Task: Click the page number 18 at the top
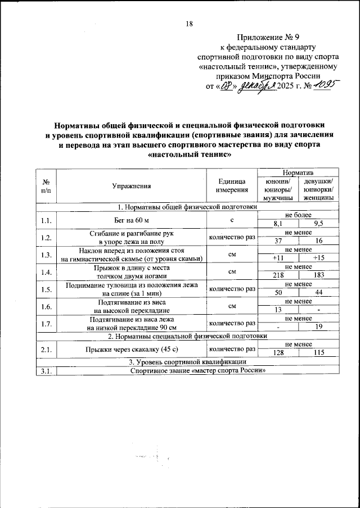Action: pos(189,24)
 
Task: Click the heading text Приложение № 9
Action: pos(267,38)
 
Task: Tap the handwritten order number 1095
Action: pos(324,85)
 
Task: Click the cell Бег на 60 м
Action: pos(131,220)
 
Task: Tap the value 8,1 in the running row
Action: pos(278,224)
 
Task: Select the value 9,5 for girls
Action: pos(318,224)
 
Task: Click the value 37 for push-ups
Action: pos(278,241)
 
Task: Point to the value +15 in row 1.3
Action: pos(318,258)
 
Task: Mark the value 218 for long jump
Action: pos(278,276)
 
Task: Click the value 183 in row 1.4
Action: pos(318,276)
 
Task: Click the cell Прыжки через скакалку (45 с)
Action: pos(131,349)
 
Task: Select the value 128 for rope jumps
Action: pos(278,353)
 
